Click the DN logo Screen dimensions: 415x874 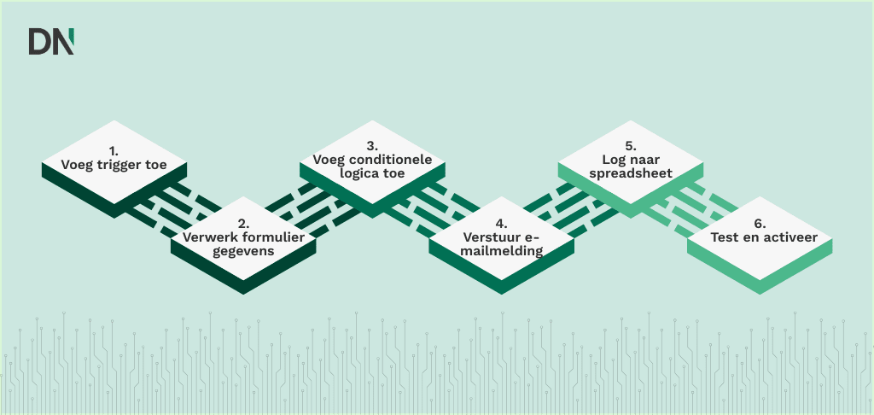(51, 41)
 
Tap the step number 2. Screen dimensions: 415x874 (243, 224)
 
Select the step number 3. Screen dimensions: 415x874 (372, 146)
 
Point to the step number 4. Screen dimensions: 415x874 (502, 224)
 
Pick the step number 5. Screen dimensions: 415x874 (631, 146)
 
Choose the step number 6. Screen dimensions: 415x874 (760, 224)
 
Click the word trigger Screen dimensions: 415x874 (119, 165)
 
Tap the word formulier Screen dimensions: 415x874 (273, 237)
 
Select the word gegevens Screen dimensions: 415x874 (243, 251)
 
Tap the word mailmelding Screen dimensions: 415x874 (502, 251)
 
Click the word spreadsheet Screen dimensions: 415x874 (631, 173)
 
